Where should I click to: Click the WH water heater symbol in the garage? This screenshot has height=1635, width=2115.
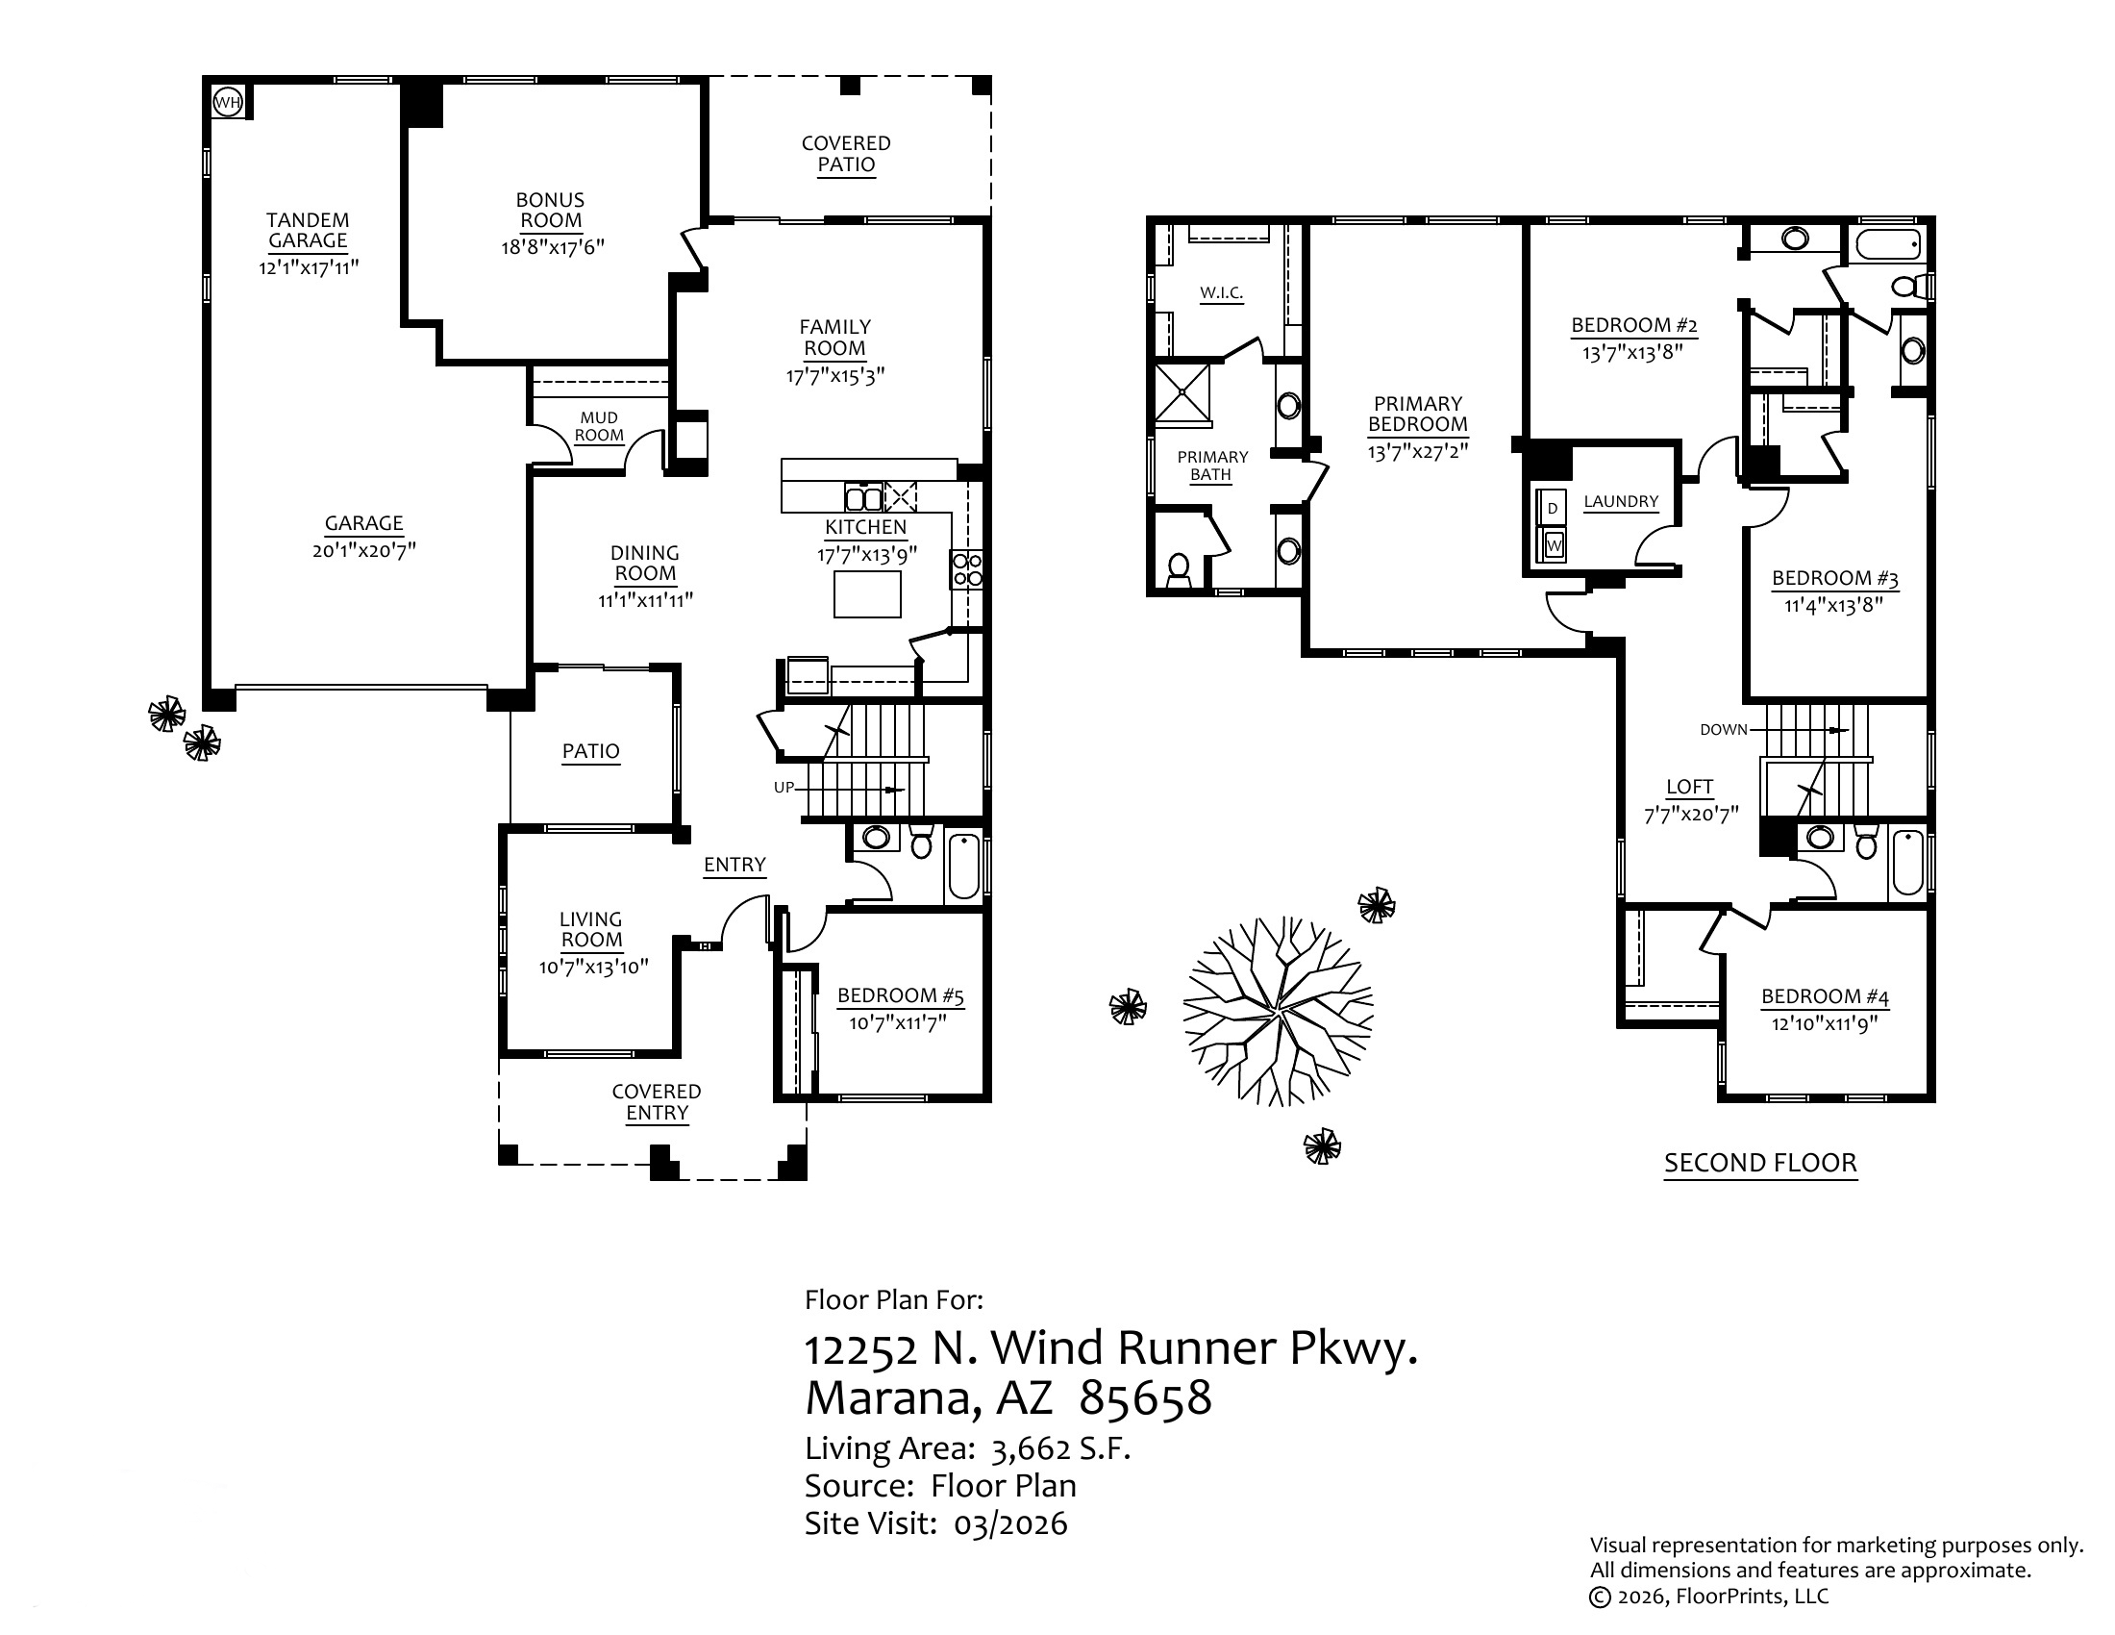pos(227,101)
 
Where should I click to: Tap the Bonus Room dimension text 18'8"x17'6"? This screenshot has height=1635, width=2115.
pos(552,247)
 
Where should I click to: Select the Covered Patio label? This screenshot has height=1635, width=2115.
pos(845,154)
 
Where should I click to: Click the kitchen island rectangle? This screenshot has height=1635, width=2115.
pos(868,593)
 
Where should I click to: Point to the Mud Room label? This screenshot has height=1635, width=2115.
pos(599,426)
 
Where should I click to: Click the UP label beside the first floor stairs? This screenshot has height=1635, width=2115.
pos(784,788)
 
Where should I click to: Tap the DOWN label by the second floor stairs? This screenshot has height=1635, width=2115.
pos(1723,729)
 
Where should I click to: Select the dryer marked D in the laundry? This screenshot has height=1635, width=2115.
pos(1553,509)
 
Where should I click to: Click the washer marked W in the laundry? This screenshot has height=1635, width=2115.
pos(1554,546)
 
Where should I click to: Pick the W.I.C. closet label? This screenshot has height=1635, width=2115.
pos(1221,292)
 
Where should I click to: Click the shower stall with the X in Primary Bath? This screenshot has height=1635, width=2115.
pos(1182,393)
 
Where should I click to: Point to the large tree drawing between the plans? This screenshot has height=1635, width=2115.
pos(1279,1010)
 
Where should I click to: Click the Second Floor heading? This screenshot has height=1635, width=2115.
pos(1759,1163)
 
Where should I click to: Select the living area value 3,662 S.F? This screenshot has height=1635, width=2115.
pos(1060,1449)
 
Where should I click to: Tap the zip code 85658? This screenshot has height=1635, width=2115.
pos(1145,1397)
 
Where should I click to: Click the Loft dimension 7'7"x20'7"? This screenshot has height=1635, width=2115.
pos(1691,815)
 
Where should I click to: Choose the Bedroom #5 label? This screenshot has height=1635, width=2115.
pos(900,995)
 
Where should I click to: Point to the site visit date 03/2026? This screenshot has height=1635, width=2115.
pos(1010,1523)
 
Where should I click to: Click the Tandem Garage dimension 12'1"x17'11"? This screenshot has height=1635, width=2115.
pos(308,267)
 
